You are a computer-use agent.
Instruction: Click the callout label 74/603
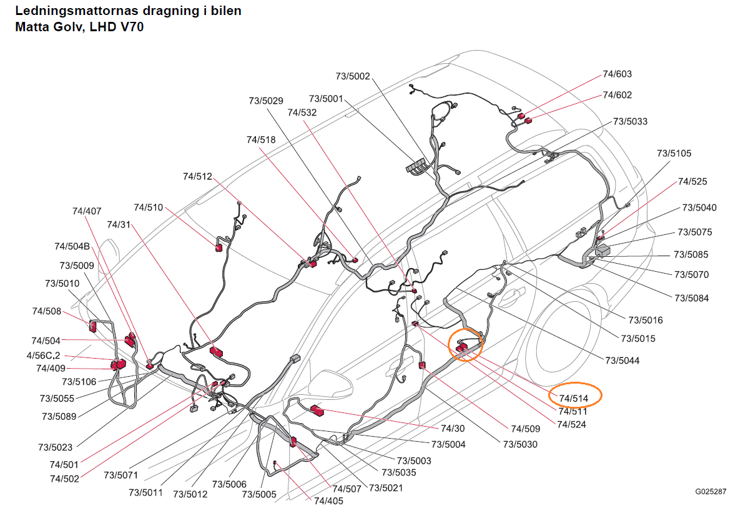click(617, 74)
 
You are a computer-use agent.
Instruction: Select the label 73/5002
click(353, 76)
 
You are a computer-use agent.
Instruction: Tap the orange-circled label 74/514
click(574, 399)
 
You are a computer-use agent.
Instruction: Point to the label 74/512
click(197, 176)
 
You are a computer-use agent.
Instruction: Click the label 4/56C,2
click(44, 356)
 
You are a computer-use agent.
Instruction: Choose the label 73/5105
click(674, 153)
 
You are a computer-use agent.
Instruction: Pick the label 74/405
click(328, 501)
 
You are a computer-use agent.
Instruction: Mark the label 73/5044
click(622, 361)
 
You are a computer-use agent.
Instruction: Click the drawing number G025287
click(711, 492)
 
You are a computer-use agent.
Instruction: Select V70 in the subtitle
click(132, 27)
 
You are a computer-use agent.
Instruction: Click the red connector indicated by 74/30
click(317, 411)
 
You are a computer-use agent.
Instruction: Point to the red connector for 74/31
click(216, 352)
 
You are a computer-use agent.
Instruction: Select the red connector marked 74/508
click(92, 326)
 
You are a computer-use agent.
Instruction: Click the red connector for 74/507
click(293, 441)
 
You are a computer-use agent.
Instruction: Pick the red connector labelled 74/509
click(422, 366)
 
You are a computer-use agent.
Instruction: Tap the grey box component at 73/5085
click(603, 250)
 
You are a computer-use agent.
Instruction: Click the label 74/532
click(302, 112)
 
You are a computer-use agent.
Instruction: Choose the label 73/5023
click(55, 447)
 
